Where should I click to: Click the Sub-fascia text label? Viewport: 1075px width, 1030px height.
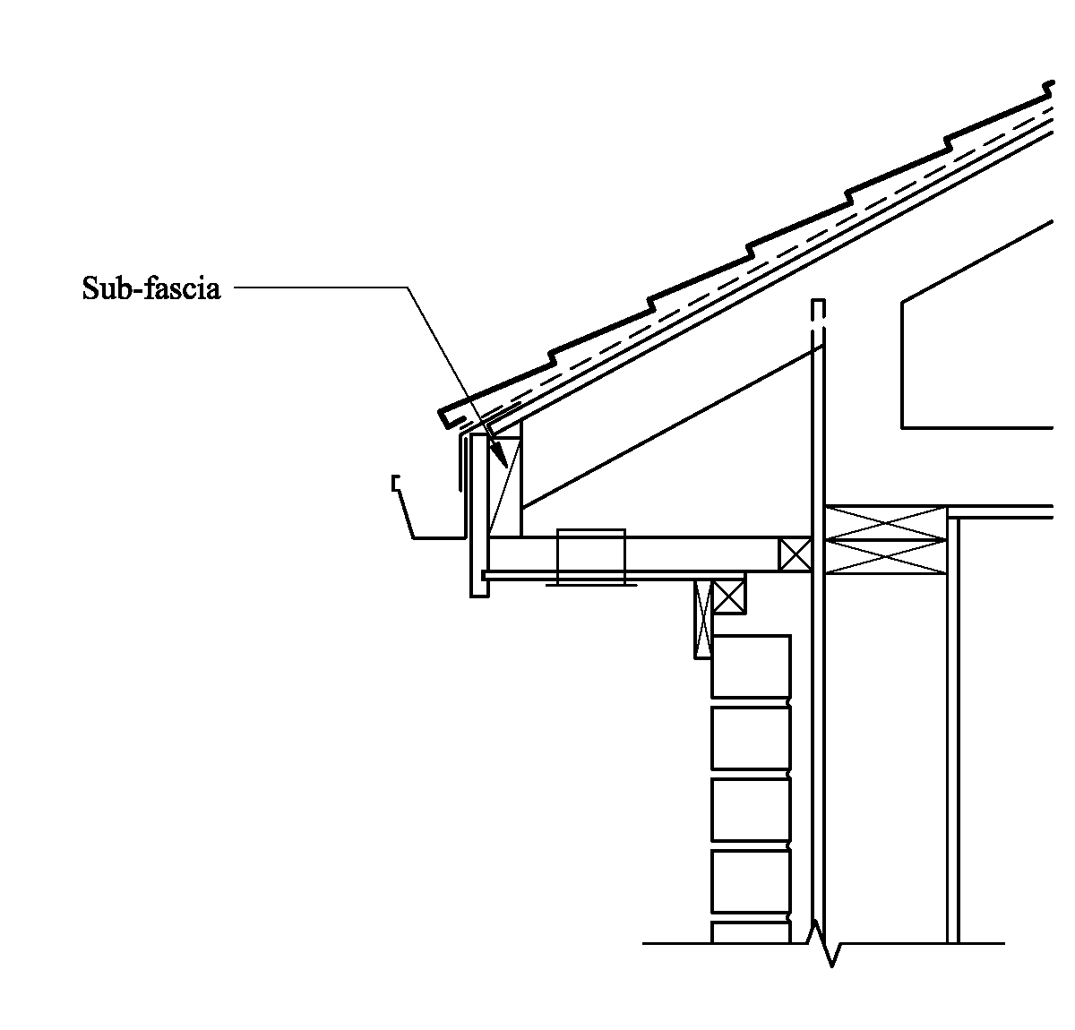150,288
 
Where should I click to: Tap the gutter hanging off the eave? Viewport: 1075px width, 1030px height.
430,519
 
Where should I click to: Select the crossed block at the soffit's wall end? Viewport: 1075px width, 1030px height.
795,554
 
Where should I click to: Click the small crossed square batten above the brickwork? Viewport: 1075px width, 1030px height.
729,596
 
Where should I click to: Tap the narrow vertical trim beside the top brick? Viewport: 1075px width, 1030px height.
702,619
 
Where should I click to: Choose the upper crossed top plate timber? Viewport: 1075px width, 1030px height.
885,523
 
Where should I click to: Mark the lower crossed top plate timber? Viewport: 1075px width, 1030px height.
885,556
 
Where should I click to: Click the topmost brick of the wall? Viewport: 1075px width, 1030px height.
751,666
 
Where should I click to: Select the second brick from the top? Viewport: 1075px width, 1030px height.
751,737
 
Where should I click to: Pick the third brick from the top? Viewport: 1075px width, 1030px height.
751,809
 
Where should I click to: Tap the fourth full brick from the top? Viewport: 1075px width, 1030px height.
751,880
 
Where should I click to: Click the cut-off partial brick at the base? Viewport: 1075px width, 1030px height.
751,931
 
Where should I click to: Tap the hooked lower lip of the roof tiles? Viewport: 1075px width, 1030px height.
449,417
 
